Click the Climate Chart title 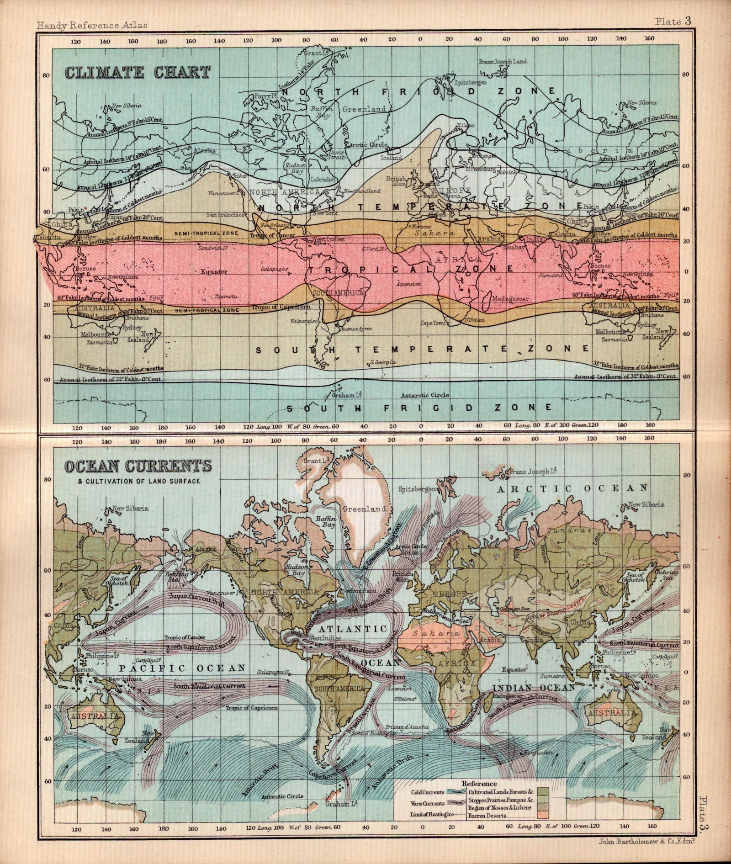tap(138, 72)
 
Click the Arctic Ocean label tap(572, 489)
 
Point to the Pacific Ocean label tap(183, 668)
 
